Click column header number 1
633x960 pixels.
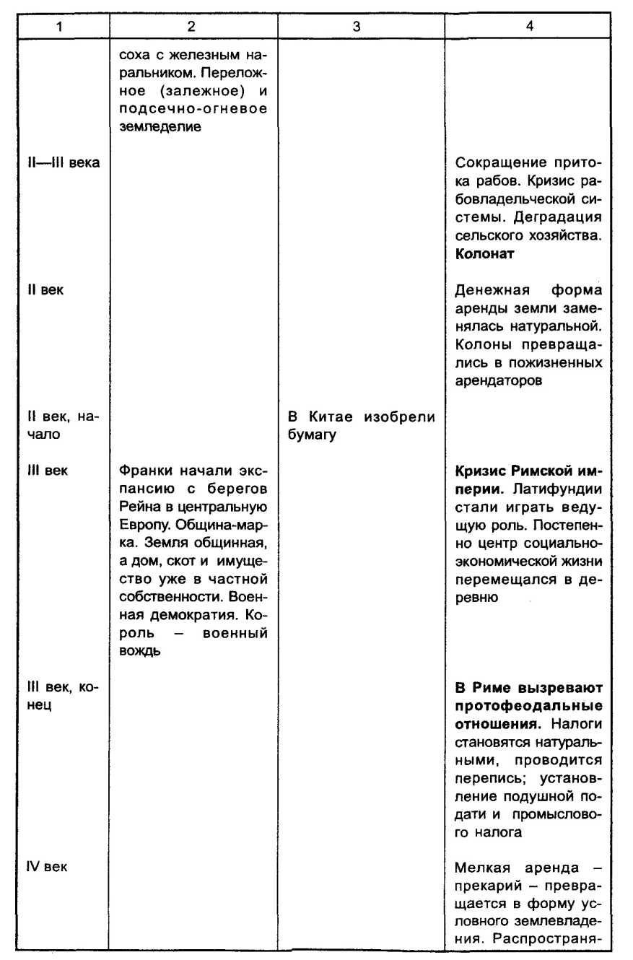point(61,27)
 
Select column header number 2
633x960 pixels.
point(191,27)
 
